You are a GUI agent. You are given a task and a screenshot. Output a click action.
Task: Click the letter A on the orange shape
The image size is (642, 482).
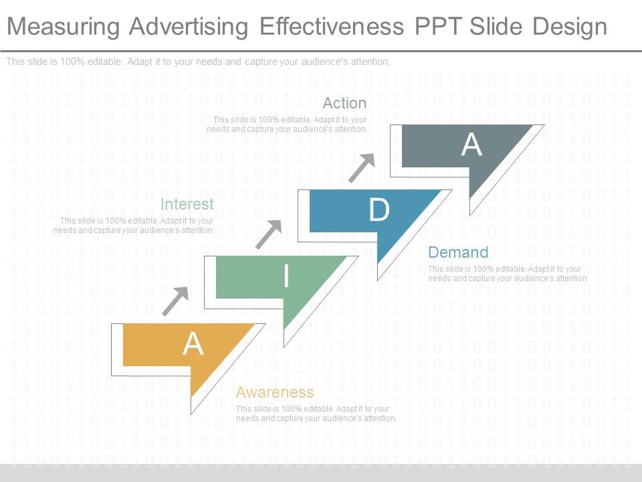(193, 343)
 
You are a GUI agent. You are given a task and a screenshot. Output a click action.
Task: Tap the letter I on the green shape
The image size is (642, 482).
(286, 276)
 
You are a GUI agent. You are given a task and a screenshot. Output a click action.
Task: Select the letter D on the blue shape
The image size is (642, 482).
(379, 210)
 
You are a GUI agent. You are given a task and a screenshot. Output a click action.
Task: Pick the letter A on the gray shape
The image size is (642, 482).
(472, 145)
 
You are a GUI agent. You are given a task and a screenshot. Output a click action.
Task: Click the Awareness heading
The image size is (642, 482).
(275, 392)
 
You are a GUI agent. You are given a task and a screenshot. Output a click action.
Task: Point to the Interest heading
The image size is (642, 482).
(187, 204)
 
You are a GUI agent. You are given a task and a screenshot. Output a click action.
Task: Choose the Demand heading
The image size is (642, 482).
(458, 252)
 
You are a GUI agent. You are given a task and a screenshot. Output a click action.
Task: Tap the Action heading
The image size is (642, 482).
(344, 103)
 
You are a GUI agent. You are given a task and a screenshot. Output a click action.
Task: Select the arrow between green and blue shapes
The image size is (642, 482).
(269, 234)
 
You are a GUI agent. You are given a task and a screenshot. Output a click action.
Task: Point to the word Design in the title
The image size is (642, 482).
(570, 27)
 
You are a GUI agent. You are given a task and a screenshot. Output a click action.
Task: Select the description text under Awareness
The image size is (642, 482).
(316, 413)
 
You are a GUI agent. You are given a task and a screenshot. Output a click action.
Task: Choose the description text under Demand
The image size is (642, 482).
(508, 274)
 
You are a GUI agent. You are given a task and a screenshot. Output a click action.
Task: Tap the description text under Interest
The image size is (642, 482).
(134, 225)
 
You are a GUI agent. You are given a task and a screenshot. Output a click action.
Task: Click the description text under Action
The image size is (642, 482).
(287, 124)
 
